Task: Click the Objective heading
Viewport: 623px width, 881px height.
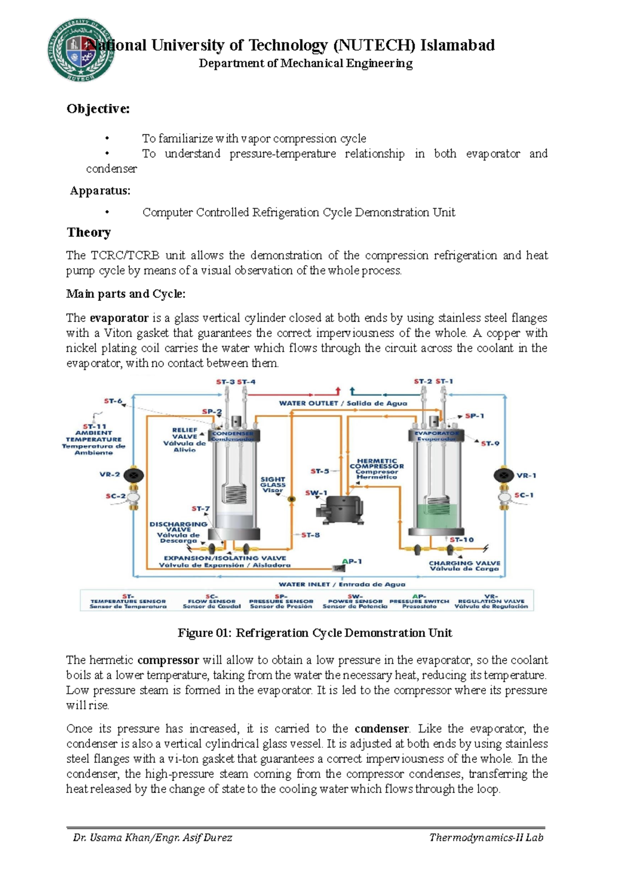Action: pyautogui.click(x=98, y=109)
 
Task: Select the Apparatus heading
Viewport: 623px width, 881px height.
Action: pyautogui.click(x=101, y=191)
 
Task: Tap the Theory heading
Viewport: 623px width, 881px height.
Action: pyautogui.click(x=89, y=232)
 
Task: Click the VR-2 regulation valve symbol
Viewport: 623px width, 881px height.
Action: pyautogui.click(x=134, y=474)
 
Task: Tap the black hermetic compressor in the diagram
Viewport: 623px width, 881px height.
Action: pyautogui.click(x=339, y=507)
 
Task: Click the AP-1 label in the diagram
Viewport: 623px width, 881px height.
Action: pyautogui.click(x=352, y=561)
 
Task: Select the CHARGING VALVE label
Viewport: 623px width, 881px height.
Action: pyautogui.click(x=464, y=566)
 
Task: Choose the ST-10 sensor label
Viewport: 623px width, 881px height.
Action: pyautogui.click(x=462, y=540)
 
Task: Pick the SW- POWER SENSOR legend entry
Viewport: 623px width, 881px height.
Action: pyautogui.click(x=355, y=601)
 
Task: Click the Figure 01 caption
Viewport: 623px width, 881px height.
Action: pyautogui.click(x=315, y=633)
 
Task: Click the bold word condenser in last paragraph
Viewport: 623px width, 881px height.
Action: pyautogui.click(x=382, y=728)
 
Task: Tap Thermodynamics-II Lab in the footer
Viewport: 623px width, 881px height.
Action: pyautogui.click(x=486, y=837)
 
